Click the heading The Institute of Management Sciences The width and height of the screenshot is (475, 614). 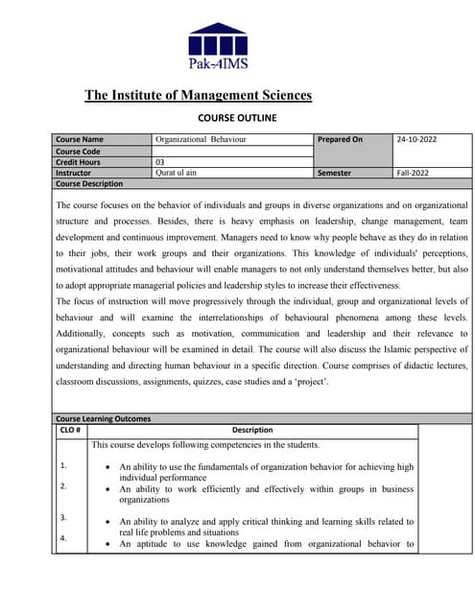click(x=198, y=95)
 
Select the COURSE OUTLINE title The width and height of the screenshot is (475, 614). click(x=236, y=118)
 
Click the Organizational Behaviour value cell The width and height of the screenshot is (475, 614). click(x=201, y=140)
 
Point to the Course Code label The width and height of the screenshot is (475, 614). click(x=79, y=152)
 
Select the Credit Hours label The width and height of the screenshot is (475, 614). click(x=81, y=162)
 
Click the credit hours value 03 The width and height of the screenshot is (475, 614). click(x=160, y=162)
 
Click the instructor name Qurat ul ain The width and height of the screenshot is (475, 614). click(x=178, y=173)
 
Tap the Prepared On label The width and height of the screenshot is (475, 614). click(x=340, y=140)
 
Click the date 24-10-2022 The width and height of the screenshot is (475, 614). click(x=416, y=140)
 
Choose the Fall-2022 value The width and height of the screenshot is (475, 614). click(x=415, y=173)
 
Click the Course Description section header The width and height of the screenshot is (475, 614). click(x=89, y=183)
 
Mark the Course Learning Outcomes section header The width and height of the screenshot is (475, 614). click(x=103, y=418)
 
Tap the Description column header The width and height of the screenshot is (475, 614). click(x=252, y=430)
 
